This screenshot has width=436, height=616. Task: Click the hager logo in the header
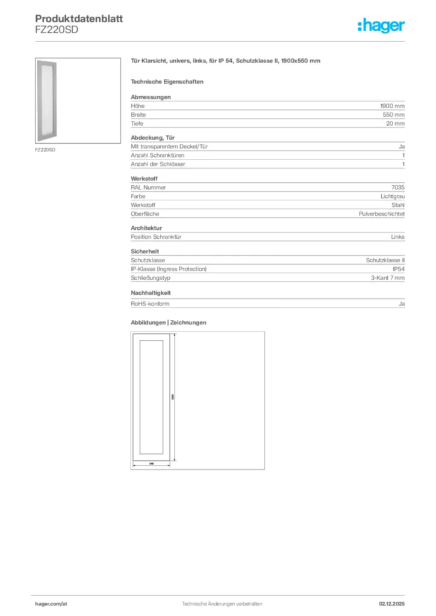pyautogui.click(x=381, y=25)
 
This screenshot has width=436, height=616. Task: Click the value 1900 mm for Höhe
pyautogui.click(x=392, y=105)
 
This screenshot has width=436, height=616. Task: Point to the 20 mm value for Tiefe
pyautogui.click(x=395, y=123)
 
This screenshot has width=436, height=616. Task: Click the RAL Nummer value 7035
pyautogui.click(x=397, y=187)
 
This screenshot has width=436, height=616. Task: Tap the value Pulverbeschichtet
pyautogui.click(x=381, y=214)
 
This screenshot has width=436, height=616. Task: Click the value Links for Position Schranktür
pyautogui.click(x=397, y=237)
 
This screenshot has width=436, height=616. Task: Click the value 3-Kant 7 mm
pyautogui.click(x=388, y=278)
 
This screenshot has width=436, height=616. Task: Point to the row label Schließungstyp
pyautogui.click(x=149, y=278)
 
